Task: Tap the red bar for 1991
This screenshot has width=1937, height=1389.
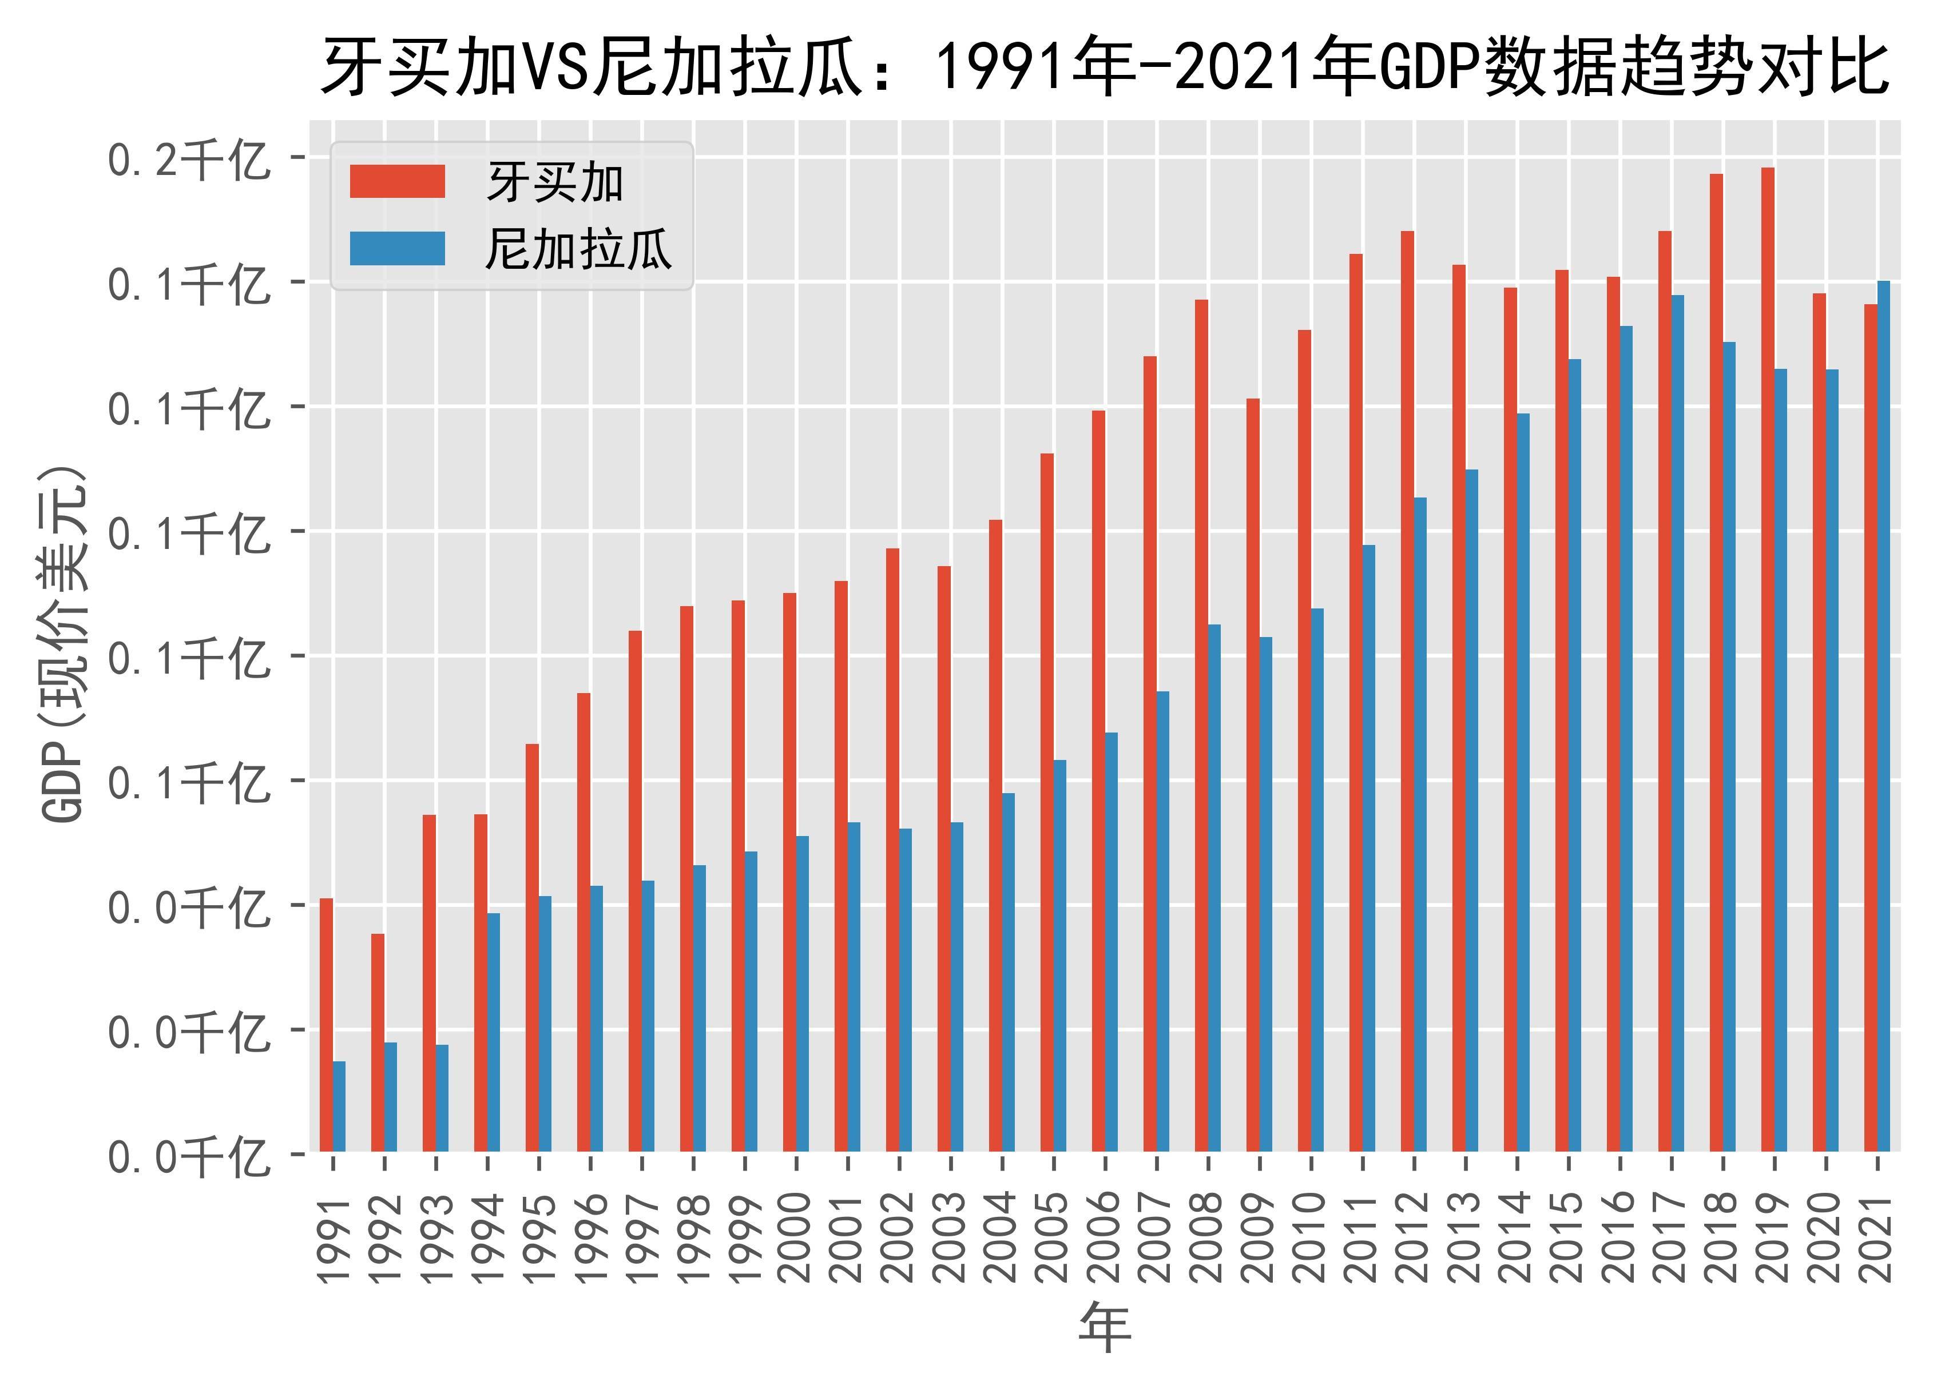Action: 326,1025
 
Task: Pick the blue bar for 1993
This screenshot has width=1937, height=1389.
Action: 442,1098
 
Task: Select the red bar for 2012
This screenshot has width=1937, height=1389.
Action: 1407,691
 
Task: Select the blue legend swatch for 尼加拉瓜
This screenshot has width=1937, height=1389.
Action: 397,248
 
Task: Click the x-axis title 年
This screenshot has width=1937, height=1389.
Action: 1105,1328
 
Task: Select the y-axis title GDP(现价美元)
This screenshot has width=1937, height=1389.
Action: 64,644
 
